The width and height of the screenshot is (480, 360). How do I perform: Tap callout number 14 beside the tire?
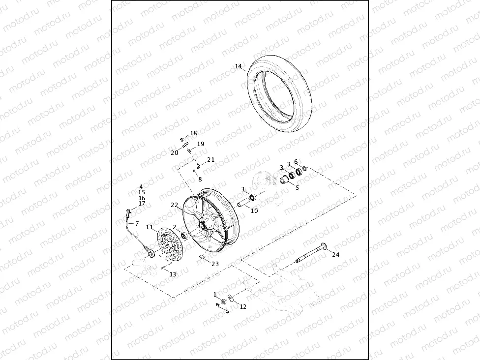click(238, 66)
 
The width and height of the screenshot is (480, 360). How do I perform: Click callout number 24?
click(335, 254)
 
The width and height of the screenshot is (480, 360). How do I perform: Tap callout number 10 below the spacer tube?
click(254, 211)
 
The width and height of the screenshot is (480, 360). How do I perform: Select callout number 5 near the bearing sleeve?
click(297, 187)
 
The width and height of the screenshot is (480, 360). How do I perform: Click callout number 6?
click(296, 162)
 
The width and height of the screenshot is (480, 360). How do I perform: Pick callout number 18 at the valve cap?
click(193, 133)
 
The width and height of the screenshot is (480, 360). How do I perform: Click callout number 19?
click(200, 144)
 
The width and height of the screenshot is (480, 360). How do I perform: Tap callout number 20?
click(175, 153)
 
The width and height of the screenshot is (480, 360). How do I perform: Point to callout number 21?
click(210, 160)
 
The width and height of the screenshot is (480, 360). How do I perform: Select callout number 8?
click(200, 179)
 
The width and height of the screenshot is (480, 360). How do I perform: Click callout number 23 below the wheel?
click(215, 264)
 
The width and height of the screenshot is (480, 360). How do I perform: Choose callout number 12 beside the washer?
click(243, 306)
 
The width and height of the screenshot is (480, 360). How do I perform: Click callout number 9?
click(227, 312)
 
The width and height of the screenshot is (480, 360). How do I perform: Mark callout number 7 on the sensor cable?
click(137, 224)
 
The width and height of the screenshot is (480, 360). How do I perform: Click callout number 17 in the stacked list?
click(142, 204)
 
